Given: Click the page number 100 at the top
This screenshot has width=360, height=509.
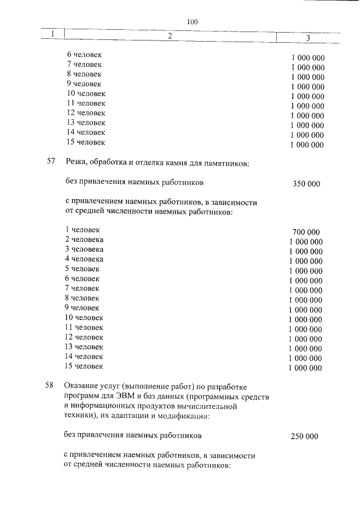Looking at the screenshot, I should point(192,22).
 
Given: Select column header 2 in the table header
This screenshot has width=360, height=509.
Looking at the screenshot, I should point(169,37).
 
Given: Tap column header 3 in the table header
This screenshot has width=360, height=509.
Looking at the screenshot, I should point(308,38).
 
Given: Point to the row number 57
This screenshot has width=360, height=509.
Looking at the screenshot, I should point(51,162).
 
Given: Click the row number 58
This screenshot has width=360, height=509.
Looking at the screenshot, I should point(49,386).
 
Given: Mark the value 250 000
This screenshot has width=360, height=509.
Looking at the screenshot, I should point(304,436).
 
